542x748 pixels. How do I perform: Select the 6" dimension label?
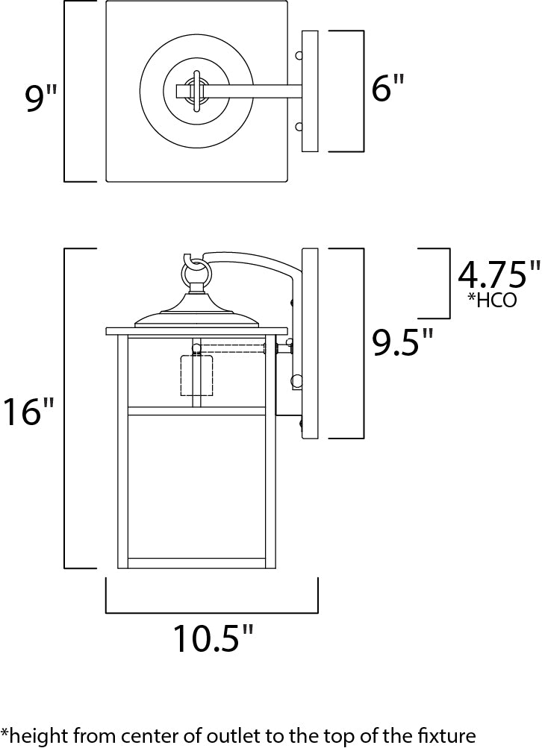pos(387,91)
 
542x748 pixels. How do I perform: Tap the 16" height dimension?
pos(28,412)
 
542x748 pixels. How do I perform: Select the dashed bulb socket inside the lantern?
pos(197,375)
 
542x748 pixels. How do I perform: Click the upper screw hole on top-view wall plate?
pos(299,56)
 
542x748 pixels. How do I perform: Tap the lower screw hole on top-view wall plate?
pos(299,126)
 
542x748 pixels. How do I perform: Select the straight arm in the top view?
pos(254,91)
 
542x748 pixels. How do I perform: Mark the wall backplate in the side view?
pos(310,343)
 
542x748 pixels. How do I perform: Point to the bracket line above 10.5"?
pos(212,612)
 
